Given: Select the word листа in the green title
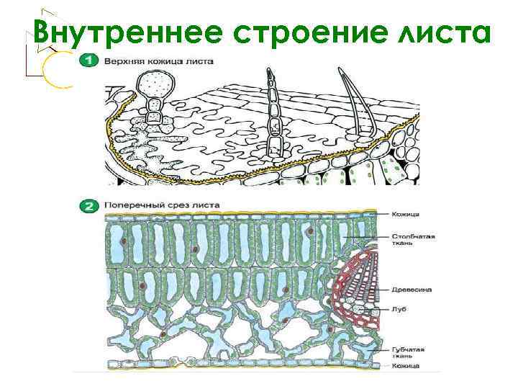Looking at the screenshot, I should pyautogui.click(x=438, y=33).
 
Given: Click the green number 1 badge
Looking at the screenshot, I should pyautogui.click(x=88, y=61).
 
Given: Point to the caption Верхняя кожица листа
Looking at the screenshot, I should pyautogui.click(x=158, y=61).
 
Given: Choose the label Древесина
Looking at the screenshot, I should pyautogui.click(x=412, y=290).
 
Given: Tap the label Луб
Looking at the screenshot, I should pyautogui.click(x=399, y=309).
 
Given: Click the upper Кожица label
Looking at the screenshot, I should pyautogui.click(x=406, y=213).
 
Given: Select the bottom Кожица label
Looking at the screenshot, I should pyautogui.click(x=406, y=366).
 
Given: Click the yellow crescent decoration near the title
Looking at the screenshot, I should pyautogui.click(x=50, y=68).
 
